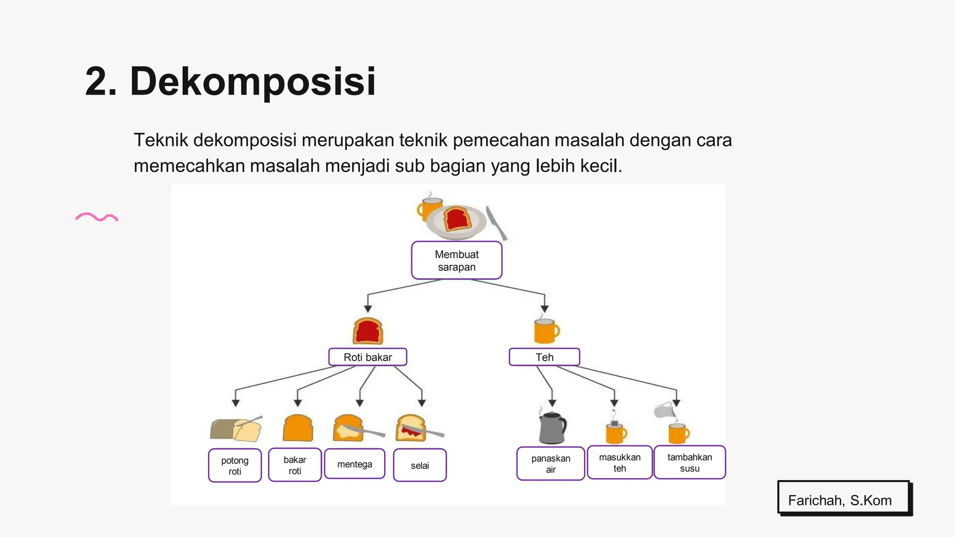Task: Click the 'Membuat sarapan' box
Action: click(x=457, y=261)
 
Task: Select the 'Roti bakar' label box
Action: click(x=367, y=357)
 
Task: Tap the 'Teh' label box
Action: click(x=544, y=357)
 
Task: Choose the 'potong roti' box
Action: click(x=235, y=465)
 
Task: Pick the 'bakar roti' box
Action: click(x=295, y=465)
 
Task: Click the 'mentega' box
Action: click(x=354, y=464)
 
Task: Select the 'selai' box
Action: click(x=420, y=465)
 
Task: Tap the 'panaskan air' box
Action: click(x=550, y=463)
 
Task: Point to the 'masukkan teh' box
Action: click(x=619, y=462)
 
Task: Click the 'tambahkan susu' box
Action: click(x=689, y=462)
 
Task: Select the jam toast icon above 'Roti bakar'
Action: click(x=368, y=331)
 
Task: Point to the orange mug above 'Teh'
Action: click(x=545, y=330)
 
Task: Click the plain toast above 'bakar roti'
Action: click(x=298, y=428)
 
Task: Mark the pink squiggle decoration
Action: click(x=97, y=217)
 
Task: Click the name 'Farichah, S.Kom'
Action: click(x=839, y=500)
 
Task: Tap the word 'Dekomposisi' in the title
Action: click(x=253, y=82)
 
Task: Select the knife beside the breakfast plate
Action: click(x=497, y=223)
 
